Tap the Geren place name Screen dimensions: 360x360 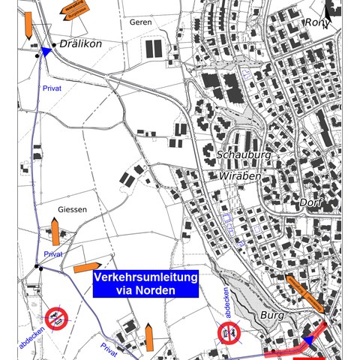click(x=140, y=22)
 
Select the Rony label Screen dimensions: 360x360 click(x=316, y=22)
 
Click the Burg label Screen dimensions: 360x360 click(x=271, y=316)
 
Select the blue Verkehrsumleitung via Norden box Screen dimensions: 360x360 click(x=145, y=284)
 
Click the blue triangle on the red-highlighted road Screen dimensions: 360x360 click(x=306, y=342)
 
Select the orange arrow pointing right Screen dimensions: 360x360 click(x=88, y=267)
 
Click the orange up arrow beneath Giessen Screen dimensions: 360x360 click(x=55, y=231)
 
